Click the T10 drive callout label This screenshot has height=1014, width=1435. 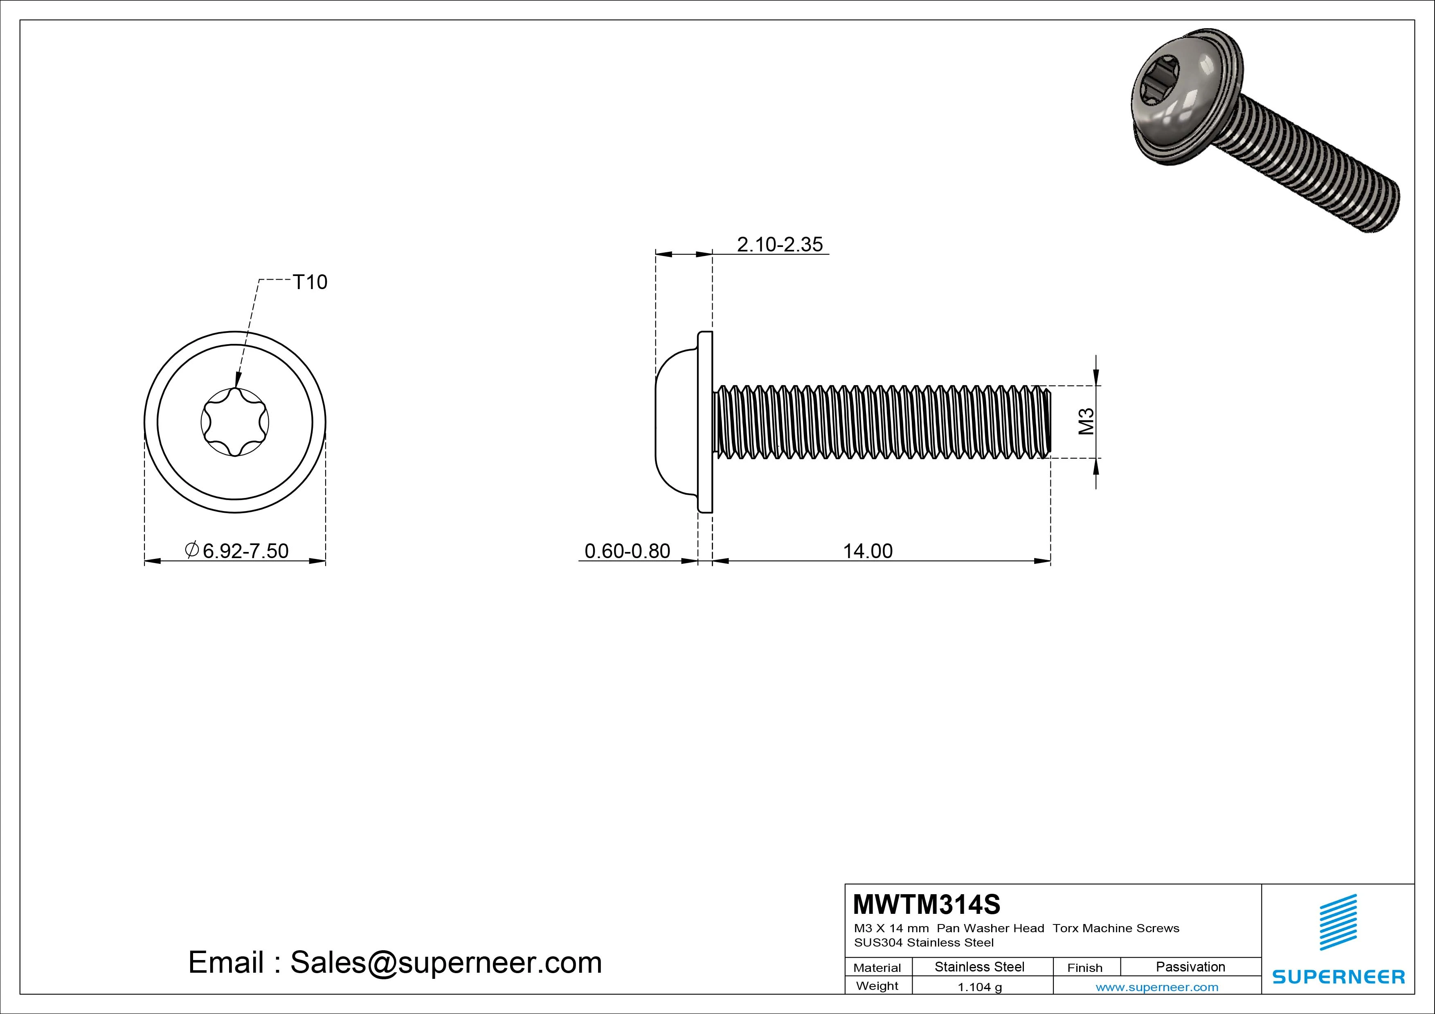click(310, 283)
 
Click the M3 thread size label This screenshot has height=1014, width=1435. click(1086, 421)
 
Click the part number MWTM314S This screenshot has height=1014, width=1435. click(926, 904)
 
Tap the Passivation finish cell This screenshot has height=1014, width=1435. click(1190, 967)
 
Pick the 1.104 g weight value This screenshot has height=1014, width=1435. click(979, 987)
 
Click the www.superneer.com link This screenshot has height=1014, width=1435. click(1157, 987)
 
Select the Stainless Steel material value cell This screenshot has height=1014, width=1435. click(979, 967)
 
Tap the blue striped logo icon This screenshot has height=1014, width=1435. click(1338, 922)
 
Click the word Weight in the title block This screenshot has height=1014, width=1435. click(877, 986)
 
